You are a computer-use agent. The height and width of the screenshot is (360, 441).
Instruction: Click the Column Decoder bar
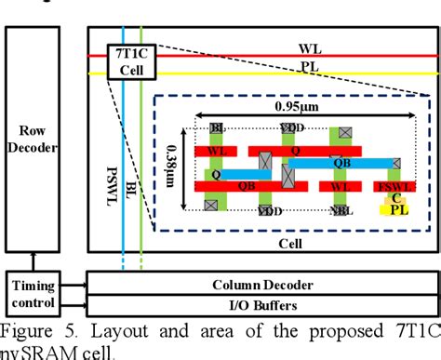[261, 285]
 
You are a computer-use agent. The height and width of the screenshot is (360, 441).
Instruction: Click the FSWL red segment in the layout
[391, 187]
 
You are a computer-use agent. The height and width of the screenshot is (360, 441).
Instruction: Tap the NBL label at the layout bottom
[342, 212]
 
